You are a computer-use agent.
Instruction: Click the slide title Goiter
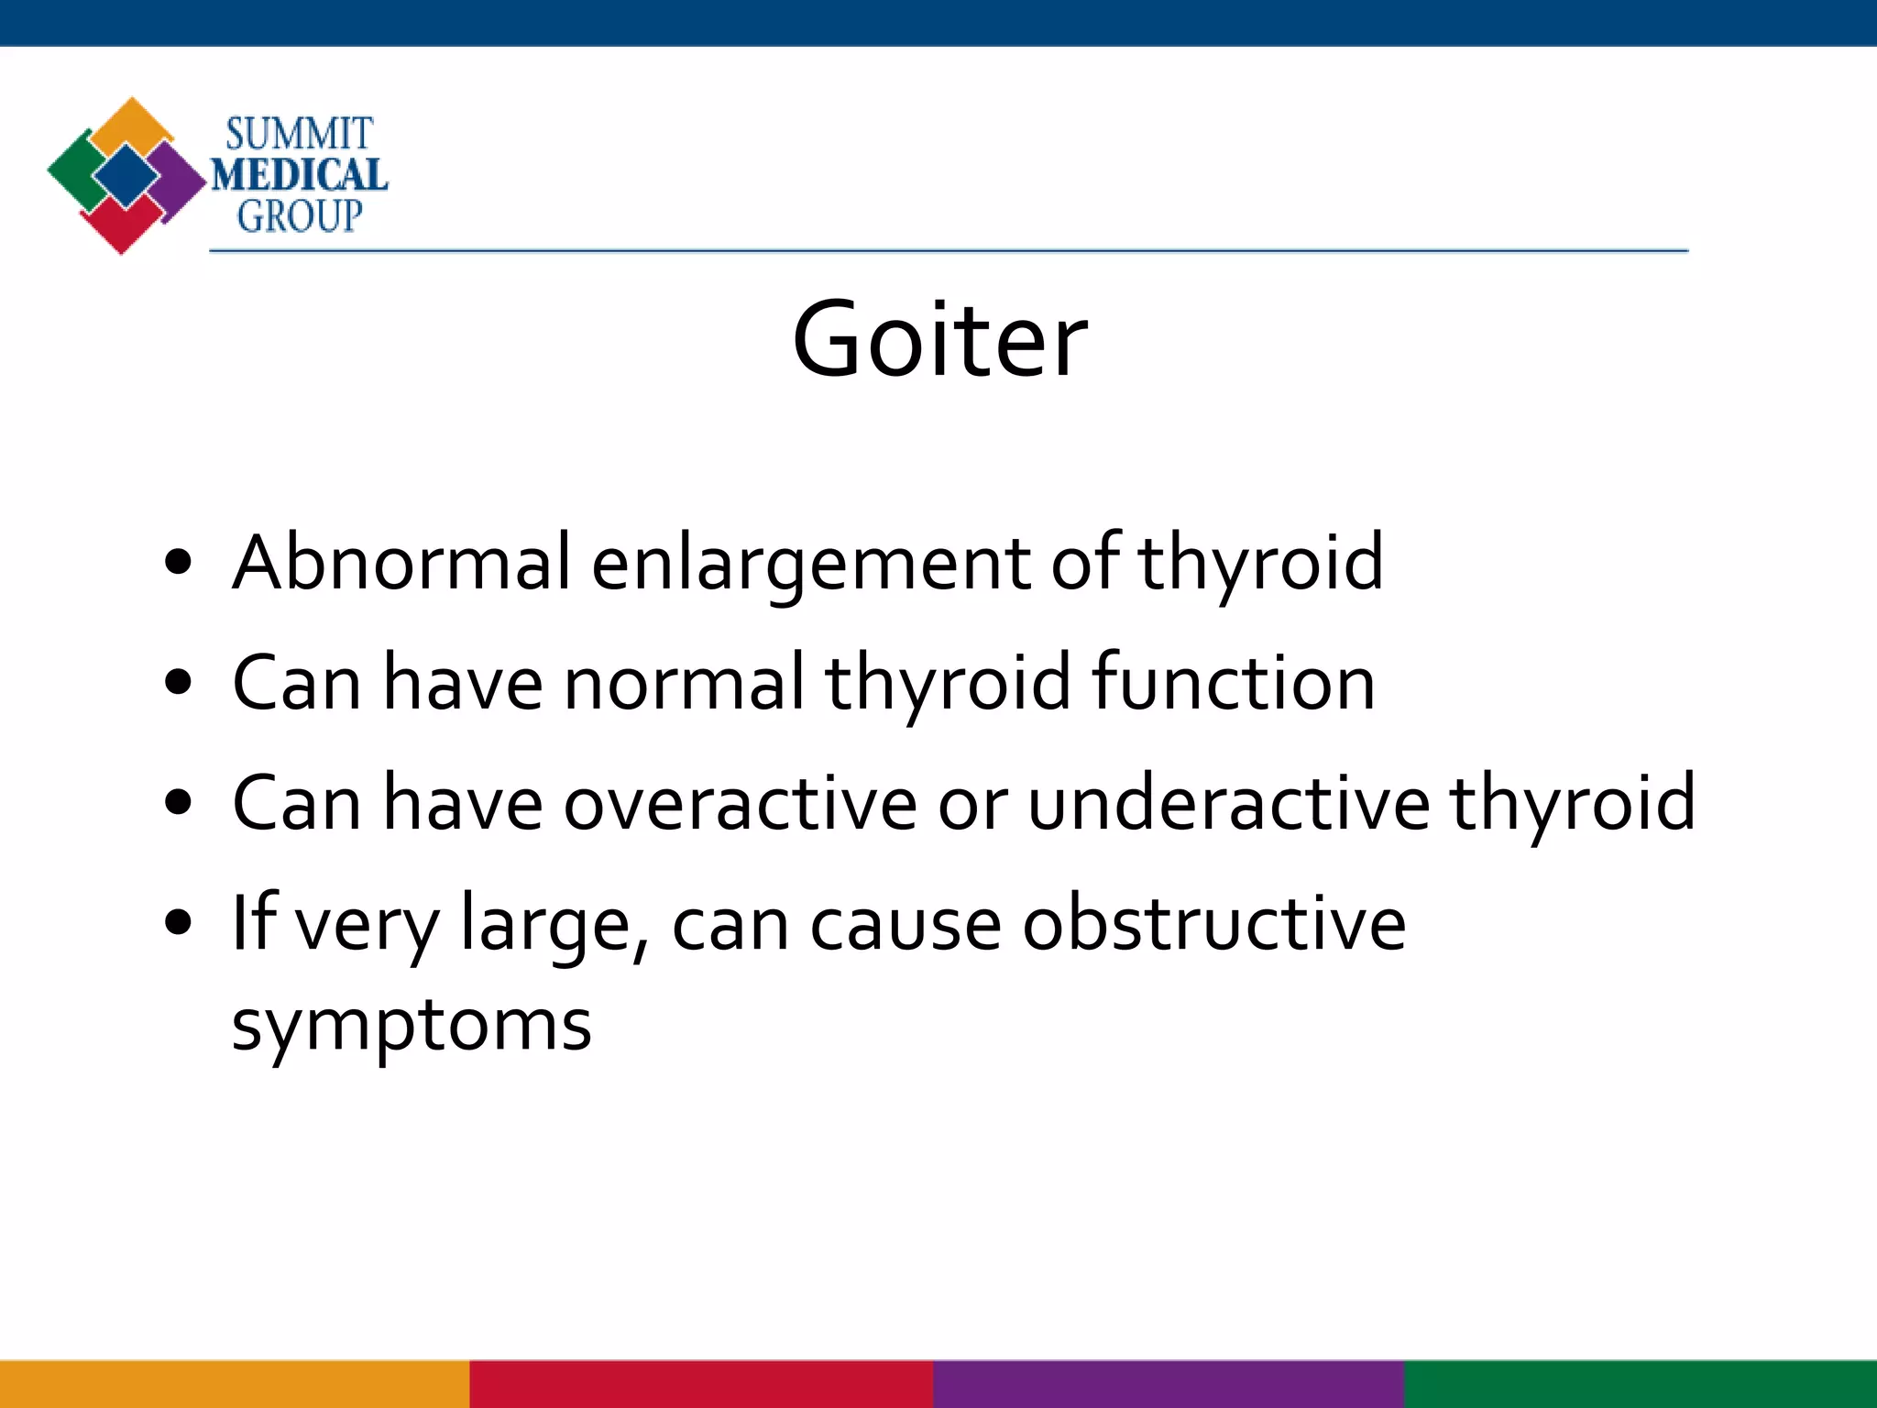pos(939,340)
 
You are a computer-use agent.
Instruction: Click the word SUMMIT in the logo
pos(300,135)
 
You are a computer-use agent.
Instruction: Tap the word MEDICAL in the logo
pos(300,175)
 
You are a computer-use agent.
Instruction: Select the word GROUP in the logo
pos(300,216)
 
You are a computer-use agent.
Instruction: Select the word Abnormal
pos(401,562)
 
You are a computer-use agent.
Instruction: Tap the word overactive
pos(740,803)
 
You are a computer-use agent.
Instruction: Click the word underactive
pos(1228,803)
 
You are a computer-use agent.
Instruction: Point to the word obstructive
pos(1213,923)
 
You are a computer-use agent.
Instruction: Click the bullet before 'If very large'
pos(179,923)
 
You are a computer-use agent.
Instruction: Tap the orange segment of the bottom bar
pos(235,1384)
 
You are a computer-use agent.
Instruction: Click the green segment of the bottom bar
pos(1641,1384)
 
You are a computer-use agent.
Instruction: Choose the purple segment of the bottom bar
pos(1169,1384)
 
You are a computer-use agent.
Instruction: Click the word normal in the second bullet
pos(683,682)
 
